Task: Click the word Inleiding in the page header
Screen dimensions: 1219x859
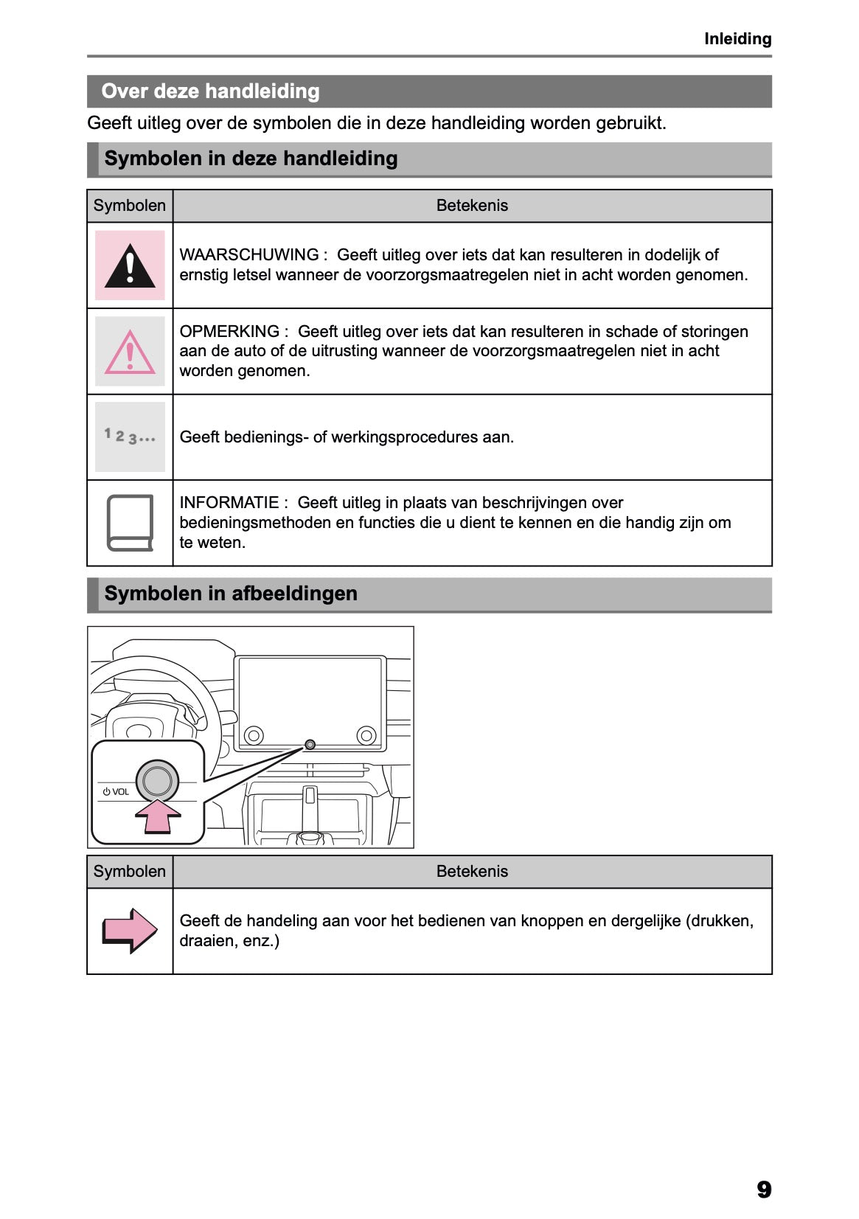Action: (737, 39)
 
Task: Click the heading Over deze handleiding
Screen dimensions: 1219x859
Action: (210, 91)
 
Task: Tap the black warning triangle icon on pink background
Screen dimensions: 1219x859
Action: (130, 265)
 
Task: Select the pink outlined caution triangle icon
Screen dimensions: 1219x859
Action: (130, 352)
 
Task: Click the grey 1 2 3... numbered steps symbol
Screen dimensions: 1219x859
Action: (130, 437)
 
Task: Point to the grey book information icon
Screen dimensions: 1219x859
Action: (130, 523)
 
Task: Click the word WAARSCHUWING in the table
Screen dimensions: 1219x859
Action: (248, 255)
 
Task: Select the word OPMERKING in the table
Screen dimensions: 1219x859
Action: (229, 332)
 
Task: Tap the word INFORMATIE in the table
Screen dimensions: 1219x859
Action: (229, 503)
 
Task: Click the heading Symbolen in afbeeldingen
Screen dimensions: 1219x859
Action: (231, 594)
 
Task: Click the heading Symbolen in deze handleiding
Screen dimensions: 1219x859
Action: (251, 159)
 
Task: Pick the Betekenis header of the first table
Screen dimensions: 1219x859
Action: (472, 206)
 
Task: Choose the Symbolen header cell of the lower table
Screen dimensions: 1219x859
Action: (130, 872)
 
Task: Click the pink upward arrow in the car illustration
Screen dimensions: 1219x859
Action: (158, 816)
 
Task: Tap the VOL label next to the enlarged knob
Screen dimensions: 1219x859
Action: (119, 792)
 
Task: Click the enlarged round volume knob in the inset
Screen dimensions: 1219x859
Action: (157, 780)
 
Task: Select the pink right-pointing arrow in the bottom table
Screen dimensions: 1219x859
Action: (130, 931)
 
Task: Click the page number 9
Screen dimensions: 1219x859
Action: (764, 1190)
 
